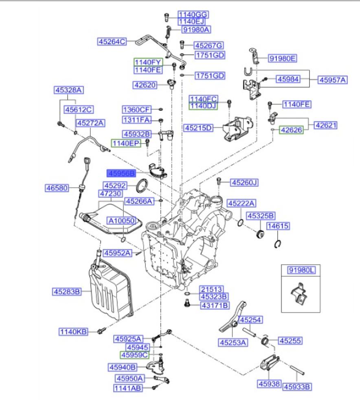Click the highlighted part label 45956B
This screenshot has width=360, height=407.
(x=121, y=173)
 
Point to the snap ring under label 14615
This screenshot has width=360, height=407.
(x=277, y=244)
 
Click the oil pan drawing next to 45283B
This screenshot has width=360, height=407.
(x=110, y=291)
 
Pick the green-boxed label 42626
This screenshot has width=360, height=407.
(x=291, y=130)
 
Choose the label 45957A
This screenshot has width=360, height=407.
(x=332, y=80)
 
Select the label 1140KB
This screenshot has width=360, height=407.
(x=74, y=332)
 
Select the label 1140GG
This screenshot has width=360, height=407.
(x=191, y=15)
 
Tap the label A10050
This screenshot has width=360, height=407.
(x=121, y=220)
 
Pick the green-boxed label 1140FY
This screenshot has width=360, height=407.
(x=149, y=62)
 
